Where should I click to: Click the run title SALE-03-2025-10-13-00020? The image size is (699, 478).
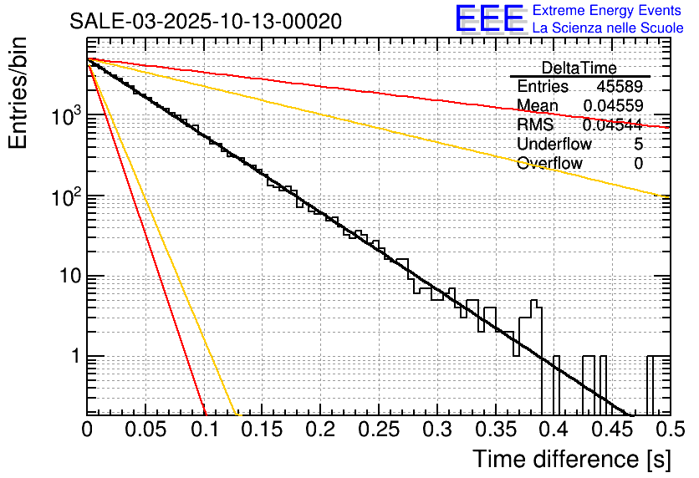point(206,22)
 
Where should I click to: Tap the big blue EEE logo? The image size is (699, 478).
point(489,18)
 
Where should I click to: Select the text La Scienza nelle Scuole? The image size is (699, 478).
point(608,28)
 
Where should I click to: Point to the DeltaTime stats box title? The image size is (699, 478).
point(579,68)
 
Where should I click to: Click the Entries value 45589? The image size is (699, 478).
point(620,87)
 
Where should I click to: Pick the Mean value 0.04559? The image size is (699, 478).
point(613,106)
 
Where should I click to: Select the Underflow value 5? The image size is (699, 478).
point(639,145)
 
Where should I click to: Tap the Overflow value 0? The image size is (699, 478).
point(639,164)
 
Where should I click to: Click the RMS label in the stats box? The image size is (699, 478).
point(535,125)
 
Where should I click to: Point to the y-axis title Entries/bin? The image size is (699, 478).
point(23,92)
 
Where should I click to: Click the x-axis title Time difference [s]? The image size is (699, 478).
point(570,459)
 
